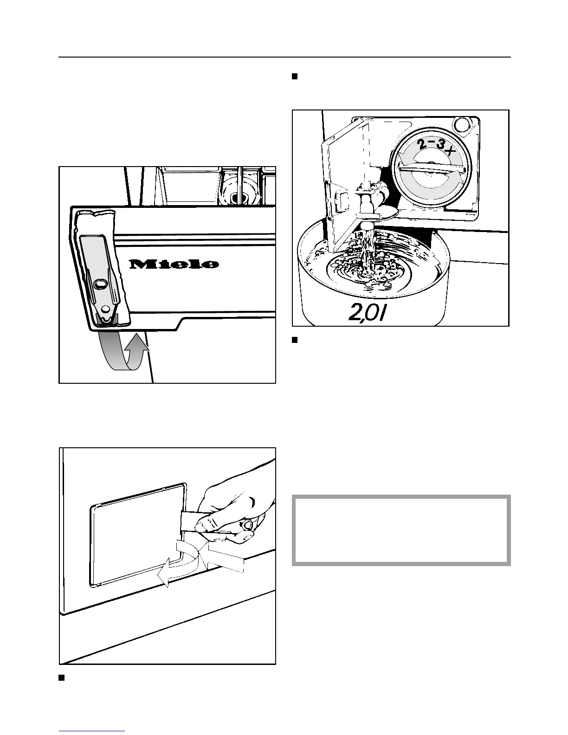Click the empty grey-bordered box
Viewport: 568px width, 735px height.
tap(401, 530)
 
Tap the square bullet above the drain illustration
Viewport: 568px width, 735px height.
tap(294, 77)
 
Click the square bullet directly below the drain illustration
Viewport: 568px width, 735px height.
tap(294, 340)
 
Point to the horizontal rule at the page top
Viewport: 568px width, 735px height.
tap(284, 58)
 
